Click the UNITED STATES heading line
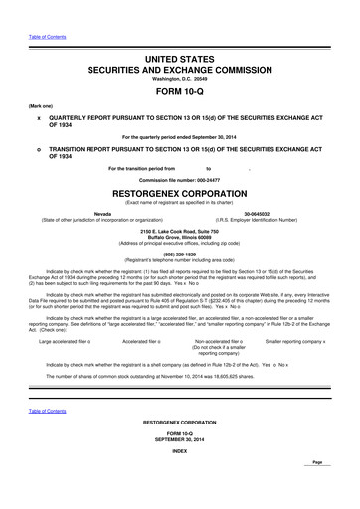pyautogui.click(x=179, y=60)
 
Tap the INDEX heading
pyautogui.click(x=179, y=450)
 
